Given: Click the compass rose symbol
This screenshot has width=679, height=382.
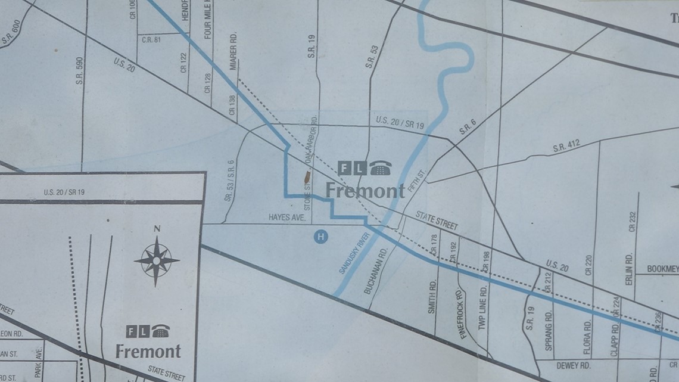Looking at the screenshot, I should (x=157, y=260).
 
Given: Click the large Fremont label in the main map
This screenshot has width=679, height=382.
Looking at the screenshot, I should (x=365, y=190).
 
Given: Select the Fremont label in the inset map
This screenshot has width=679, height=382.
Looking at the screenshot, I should (x=148, y=350).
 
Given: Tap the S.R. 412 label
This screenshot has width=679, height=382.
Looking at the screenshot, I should (x=566, y=145).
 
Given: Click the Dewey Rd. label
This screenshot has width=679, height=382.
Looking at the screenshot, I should (x=573, y=365).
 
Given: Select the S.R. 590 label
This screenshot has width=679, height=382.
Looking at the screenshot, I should (x=79, y=70).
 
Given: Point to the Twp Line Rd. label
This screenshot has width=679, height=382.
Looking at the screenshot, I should (x=483, y=305).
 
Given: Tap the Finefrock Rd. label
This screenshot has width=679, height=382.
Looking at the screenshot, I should (x=463, y=313).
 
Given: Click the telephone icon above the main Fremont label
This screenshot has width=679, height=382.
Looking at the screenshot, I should (x=379, y=169).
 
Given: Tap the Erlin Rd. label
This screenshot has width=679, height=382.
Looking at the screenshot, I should (x=629, y=268).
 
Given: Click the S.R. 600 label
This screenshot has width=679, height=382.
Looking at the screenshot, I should (x=11, y=33).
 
